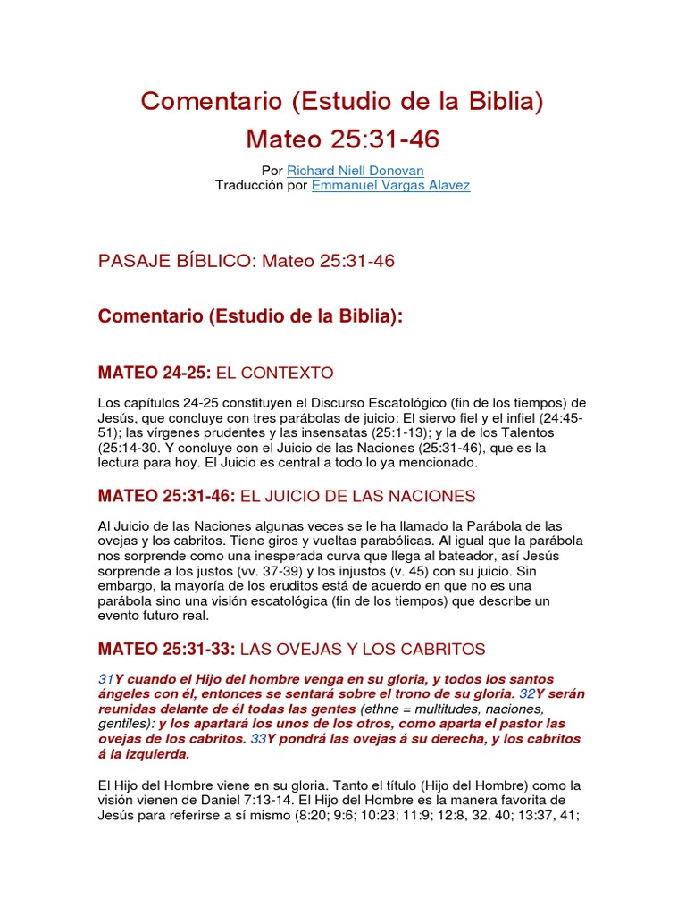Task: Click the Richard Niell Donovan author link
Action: coord(355,170)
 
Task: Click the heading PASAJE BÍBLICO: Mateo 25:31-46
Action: coord(246,261)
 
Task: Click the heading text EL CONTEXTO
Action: coord(275,373)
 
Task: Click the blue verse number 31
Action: coord(105,680)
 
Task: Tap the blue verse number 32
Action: coord(527,694)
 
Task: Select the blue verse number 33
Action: coord(258,739)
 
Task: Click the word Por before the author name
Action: coord(272,170)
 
